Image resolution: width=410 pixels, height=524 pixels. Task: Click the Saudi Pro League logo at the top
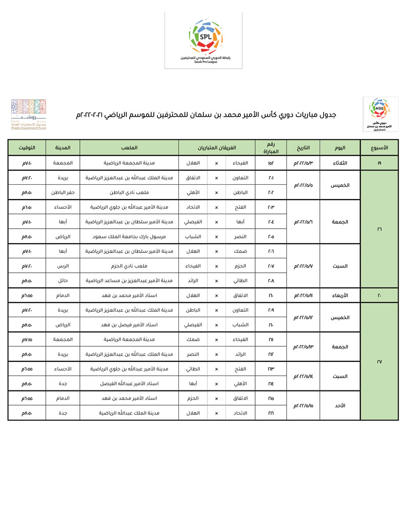coord(203,40)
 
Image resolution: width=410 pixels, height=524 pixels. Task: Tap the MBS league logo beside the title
coord(380,114)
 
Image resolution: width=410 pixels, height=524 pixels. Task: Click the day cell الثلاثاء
coord(340,163)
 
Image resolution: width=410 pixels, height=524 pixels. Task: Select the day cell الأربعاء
coord(340,296)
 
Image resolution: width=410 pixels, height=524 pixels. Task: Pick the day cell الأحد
coord(340,405)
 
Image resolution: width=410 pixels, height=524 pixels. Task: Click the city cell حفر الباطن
coord(63,192)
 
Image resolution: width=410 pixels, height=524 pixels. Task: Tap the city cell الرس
coord(63,266)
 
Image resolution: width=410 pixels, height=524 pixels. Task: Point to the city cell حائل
coord(63,281)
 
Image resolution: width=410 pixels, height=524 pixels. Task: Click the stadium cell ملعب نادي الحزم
coord(129,266)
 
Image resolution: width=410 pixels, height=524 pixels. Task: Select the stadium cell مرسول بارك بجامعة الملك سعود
coord(129,237)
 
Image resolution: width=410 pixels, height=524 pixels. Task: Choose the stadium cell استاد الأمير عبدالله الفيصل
coord(129,383)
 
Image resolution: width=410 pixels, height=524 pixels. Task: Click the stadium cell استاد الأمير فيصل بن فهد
coord(129,325)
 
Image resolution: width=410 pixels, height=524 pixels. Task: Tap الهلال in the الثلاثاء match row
coord(192,163)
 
